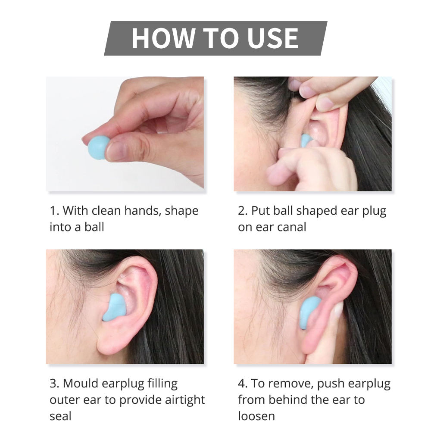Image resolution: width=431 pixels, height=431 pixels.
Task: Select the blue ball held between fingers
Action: (x=98, y=147)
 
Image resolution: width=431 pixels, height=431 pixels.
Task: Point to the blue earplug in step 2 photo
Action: (x=306, y=140)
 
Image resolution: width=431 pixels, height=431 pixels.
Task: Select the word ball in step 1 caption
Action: (x=94, y=227)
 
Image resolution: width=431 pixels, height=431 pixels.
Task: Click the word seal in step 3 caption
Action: (x=60, y=416)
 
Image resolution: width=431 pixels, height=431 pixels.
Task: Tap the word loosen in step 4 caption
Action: (x=256, y=416)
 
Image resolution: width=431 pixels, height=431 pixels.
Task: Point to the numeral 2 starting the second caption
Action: (x=241, y=211)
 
